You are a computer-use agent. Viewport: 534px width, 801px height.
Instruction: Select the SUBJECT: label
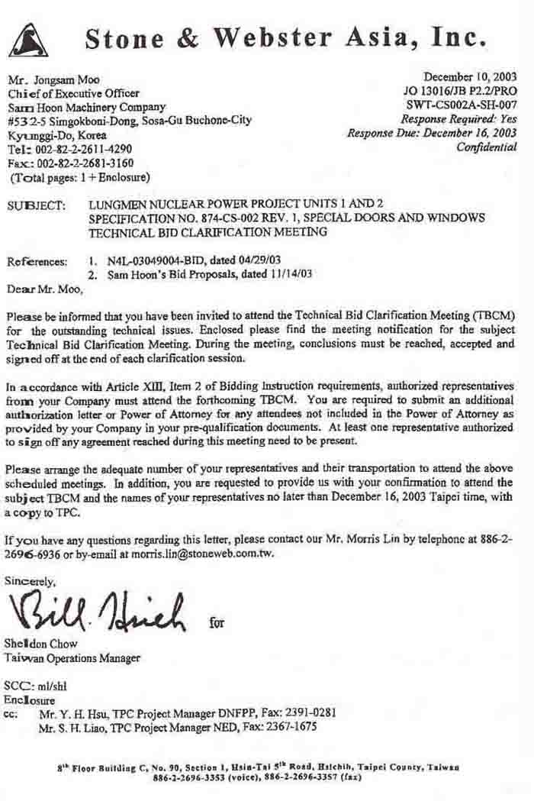pyautogui.click(x=36, y=206)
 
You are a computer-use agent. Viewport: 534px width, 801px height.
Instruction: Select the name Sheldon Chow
pyautogui.click(x=38, y=644)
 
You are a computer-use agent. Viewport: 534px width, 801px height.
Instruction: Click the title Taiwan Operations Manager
pyautogui.click(x=72, y=657)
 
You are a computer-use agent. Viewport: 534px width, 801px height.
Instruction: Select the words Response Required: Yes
pyautogui.click(x=458, y=118)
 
